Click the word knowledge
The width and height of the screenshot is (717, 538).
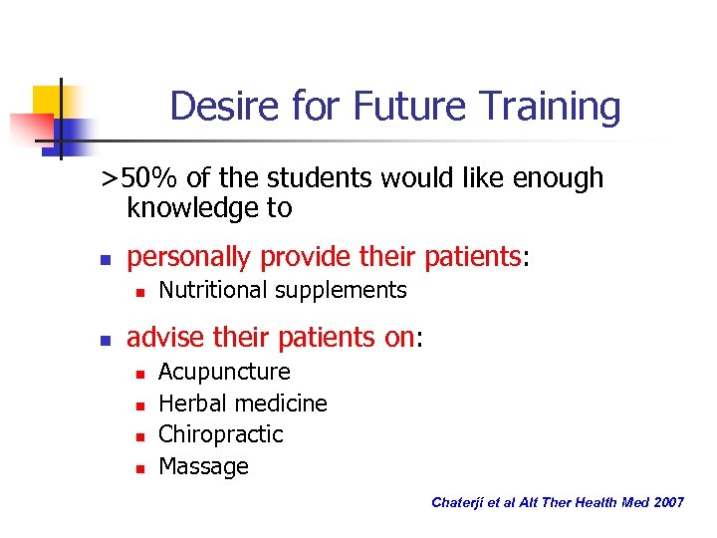pos(209,208)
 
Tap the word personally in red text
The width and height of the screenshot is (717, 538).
pos(190,257)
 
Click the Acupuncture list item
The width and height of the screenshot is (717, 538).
pos(224,372)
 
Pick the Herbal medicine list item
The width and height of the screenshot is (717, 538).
pos(242,403)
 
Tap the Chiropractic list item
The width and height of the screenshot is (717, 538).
pos(220,434)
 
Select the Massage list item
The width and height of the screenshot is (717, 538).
pos(203,466)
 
